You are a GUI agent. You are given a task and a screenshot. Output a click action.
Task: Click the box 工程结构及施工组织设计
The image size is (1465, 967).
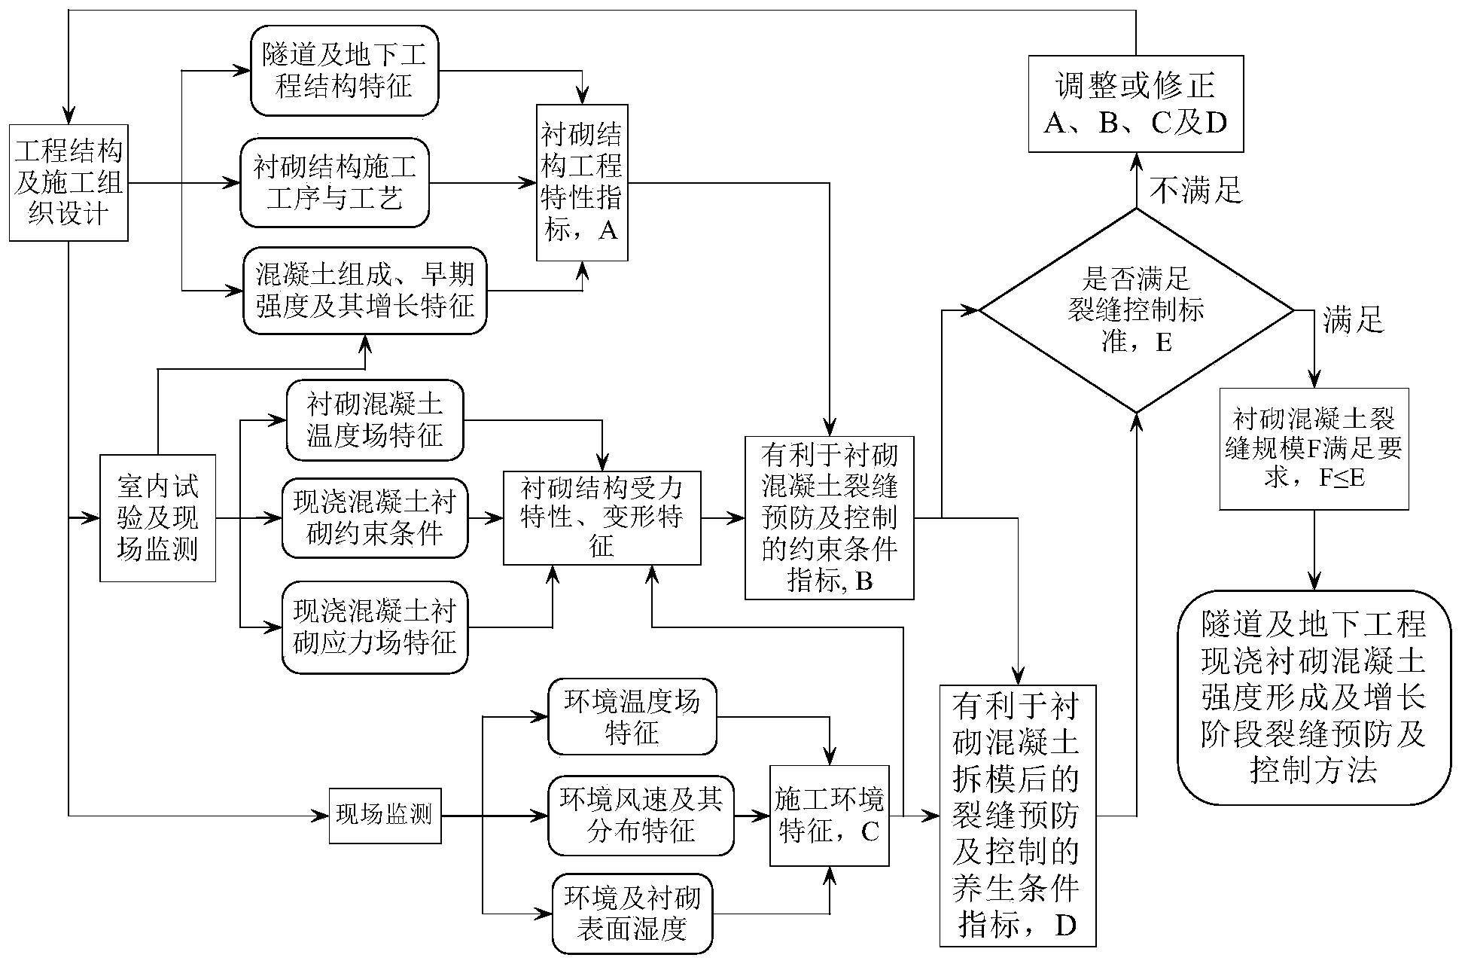coord(69,183)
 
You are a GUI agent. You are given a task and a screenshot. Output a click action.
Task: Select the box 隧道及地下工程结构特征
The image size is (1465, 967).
coord(344,70)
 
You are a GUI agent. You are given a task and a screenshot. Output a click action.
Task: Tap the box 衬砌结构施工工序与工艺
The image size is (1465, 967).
coord(334,182)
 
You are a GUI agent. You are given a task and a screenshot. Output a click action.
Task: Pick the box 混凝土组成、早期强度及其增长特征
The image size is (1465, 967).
coord(364,290)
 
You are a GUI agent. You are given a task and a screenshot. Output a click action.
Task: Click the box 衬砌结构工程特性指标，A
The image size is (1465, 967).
coord(582,183)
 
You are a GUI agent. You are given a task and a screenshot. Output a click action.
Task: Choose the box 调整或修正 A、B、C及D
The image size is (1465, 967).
coord(1135,104)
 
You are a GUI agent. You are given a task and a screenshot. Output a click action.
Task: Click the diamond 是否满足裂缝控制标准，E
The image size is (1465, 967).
coord(1135,310)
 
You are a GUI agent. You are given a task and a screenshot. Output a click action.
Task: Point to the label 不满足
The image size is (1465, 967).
coord(1196,191)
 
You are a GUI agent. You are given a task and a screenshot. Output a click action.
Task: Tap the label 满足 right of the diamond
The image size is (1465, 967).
coord(1353,321)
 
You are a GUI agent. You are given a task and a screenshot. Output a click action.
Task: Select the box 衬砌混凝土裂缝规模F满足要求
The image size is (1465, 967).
coord(1314,449)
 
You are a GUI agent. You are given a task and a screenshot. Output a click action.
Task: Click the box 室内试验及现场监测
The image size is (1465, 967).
coord(158,518)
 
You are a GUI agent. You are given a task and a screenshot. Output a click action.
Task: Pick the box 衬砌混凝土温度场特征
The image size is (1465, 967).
coord(375,420)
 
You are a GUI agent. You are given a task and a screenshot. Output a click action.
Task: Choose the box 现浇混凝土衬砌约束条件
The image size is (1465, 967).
coord(375,518)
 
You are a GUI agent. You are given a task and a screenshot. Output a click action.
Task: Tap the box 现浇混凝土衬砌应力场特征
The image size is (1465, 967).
coord(375,627)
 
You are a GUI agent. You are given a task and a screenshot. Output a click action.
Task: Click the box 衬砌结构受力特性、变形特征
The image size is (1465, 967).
coord(602,518)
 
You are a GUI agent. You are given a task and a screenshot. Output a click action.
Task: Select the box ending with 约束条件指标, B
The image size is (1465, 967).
coord(829,518)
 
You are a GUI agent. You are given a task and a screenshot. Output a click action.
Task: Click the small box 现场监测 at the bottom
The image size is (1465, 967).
coord(385,815)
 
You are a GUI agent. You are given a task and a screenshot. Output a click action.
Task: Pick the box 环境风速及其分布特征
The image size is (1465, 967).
coord(641,816)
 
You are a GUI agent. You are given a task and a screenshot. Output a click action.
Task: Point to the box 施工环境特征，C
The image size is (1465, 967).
coord(829,816)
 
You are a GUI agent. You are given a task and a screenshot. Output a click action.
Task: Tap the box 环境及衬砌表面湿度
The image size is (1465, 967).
coord(632,914)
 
